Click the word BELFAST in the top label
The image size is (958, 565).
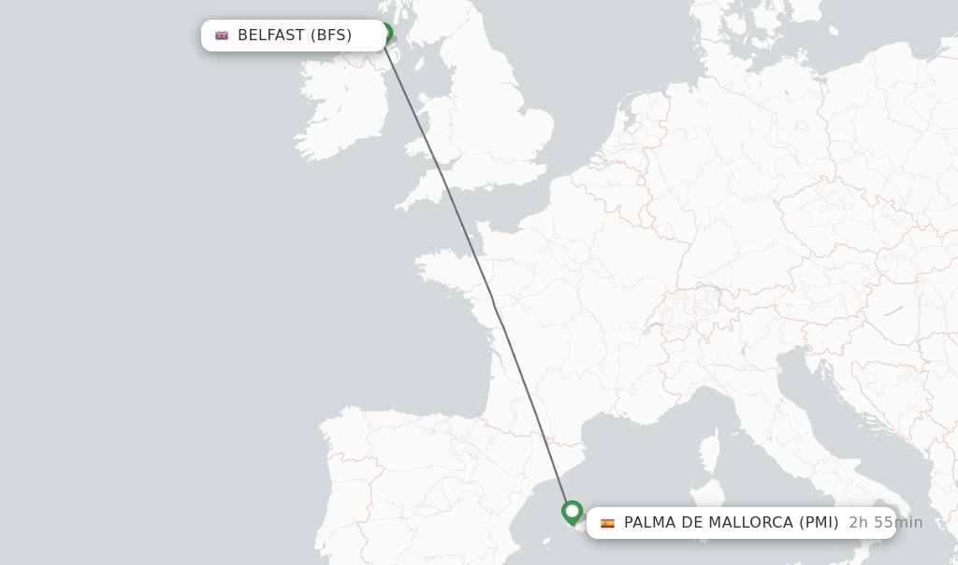pyautogui.click(x=271, y=36)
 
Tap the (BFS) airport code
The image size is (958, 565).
pyautogui.click(x=331, y=36)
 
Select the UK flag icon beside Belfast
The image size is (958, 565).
pyautogui.click(x=222, y=36)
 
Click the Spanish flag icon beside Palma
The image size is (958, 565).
pyautogui.click(x=607, y=523)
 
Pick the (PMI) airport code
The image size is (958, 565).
pyautogui.click(x=819, y=523)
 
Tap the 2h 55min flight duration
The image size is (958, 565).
pyautogui.click(x=885, y=523)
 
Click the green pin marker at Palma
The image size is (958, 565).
pyautogui.click(x=572, y=512)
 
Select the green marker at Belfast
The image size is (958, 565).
pyautogui.click(x=385, y=32)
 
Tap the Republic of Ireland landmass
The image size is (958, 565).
pyautogui.click(x=341, y=112)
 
